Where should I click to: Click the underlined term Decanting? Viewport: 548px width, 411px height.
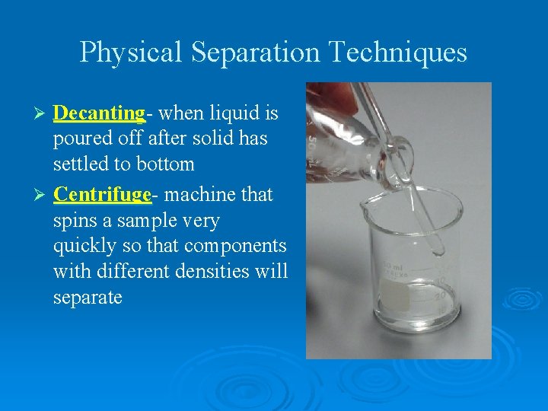pyautogui.click(x=99, y=113)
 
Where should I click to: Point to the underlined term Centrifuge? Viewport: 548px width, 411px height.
pyautogui.click(x=103, y=195)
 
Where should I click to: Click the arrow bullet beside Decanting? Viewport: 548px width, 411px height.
pyautogui.click(x=43, y=114)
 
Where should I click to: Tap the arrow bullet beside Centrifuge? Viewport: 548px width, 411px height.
pyautogui.click(x=43, y=196)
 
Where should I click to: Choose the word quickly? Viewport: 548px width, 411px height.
pyautogui.click(x=84, y=247)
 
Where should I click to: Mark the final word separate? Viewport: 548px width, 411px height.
pyautogui.click(x=88, y=298)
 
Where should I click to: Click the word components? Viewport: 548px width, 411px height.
pyautogui.click(x=234, y=247)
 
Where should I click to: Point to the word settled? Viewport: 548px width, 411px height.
pyautogui.click(x=82, y=164)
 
